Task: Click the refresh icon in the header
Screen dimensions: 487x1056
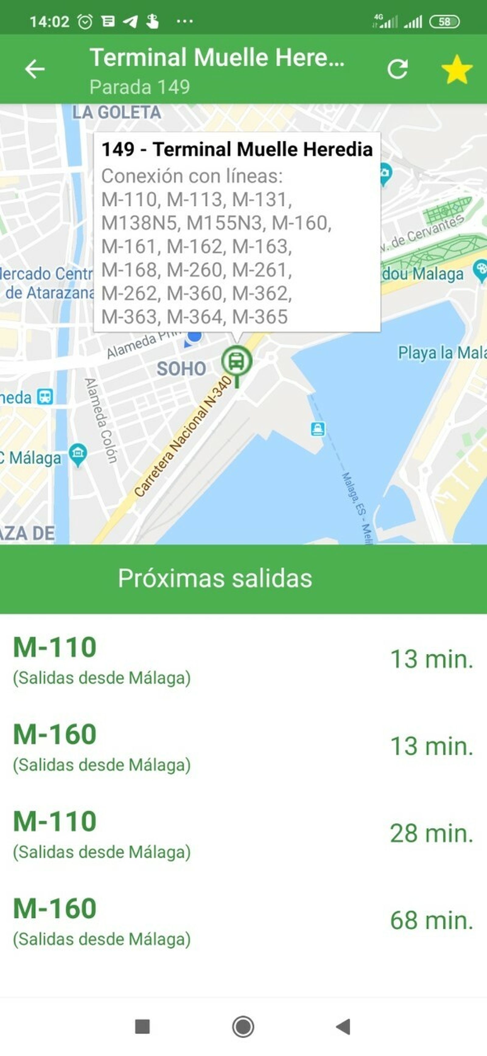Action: coord(398,69)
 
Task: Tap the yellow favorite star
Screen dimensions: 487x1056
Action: coord(457,70)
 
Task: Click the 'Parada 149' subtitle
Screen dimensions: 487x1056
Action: coord(139,87)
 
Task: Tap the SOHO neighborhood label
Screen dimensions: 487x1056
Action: coord(181,368)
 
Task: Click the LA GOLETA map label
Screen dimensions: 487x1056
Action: coord(117,112)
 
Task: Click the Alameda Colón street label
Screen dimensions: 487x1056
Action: coord(101,420)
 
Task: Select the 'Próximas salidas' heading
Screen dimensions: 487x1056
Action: coord(215,578)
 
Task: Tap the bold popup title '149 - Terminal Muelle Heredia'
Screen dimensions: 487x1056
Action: coord(237,149)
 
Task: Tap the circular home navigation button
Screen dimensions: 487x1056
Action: coord(243,1027)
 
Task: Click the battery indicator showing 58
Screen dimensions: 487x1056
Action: coord(444,22)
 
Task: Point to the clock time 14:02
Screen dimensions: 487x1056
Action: coord(49,22)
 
